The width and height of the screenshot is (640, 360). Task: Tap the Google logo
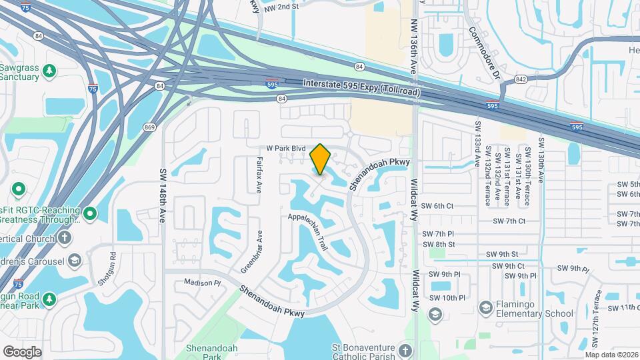coord(22,352)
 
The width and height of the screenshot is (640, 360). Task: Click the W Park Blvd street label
coord(285,148)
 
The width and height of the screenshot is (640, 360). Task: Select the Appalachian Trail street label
coord(309,231)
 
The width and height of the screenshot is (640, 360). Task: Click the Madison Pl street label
coord(202,283)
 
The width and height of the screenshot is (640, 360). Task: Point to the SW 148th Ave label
coord(162,195)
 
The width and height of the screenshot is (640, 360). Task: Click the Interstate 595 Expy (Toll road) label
coord(361,87)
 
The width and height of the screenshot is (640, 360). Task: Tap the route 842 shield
coord(521,79)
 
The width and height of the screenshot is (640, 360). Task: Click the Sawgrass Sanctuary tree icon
coord(49,70)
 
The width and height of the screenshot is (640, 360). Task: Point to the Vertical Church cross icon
coord(64,237)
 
